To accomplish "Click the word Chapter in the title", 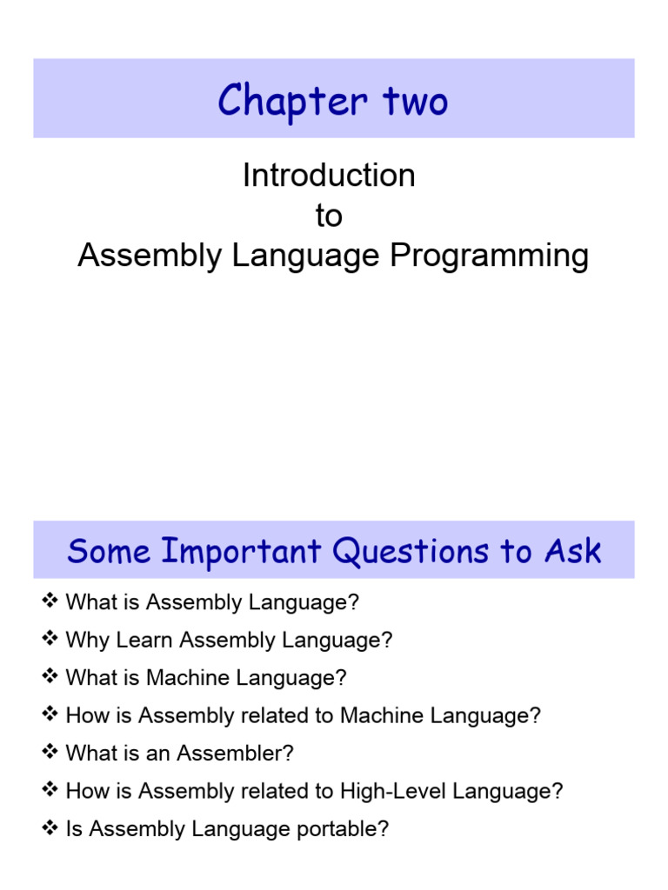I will click(x=280, y=101).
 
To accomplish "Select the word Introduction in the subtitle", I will click(x=329, y=176).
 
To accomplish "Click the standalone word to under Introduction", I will click(x=329, y=216).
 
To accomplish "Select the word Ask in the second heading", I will click(x=574, y=551).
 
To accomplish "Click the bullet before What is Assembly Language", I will click(x=49, y=601).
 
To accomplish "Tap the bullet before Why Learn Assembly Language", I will click(x=49, y=640).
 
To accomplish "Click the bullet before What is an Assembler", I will click(x=49, y=753).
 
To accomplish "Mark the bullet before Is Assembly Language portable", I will click(x=49, y=828).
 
